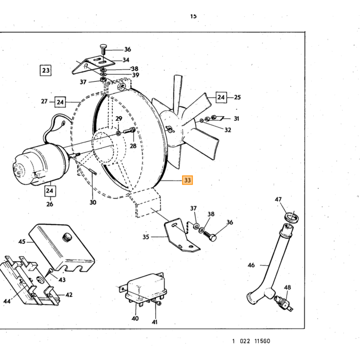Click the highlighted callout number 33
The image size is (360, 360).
coord(187,180)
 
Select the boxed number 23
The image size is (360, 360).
coord(45,70)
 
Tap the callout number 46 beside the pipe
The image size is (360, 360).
coord(251,265)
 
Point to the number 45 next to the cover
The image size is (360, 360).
coord(22,242)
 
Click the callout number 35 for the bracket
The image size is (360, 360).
coord(146,237)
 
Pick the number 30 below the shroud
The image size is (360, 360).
coord(93,202)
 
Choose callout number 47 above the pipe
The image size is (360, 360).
coord(278,200)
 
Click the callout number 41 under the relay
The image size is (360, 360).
coord(154,322)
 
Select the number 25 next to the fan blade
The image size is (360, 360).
coord(237,97)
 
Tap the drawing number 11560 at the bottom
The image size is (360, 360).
coord(262,341)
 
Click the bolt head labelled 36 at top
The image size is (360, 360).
coord(103,47)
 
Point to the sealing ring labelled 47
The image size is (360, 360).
coord(292,217)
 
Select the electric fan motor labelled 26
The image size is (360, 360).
coord(39,164)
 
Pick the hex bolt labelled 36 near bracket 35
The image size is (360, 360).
coord(210,236)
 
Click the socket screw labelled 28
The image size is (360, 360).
coord(130,131)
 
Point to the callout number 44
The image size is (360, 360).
coord(7,301)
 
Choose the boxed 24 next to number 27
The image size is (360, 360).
coord(60,102)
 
